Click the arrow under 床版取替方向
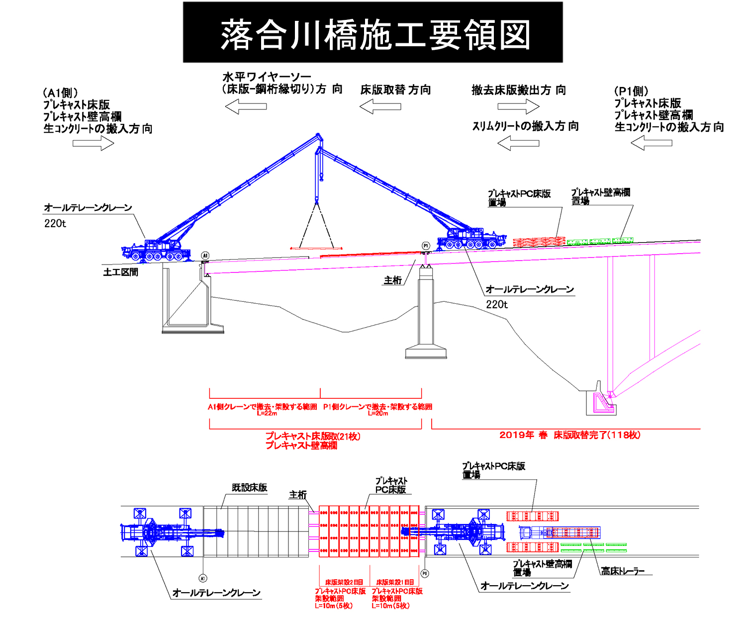pos(380,106)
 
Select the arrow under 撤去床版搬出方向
pos(518,106)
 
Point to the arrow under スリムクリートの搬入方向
pos(518,143)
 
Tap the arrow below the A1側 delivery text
pos(93,143)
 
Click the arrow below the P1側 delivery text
pos(652,143)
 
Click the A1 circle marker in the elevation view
pos(205,256)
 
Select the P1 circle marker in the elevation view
pos(426,246)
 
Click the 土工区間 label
pos(120,272)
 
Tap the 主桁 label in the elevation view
pos(392,280)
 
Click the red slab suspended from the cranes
pos(316,248)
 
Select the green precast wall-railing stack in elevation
pos(600,241)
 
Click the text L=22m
pos(267,413)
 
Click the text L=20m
pos(378,413)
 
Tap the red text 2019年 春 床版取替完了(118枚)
pos(570,435)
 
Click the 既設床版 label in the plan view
pos(250,487)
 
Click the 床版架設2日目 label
pos(344,582)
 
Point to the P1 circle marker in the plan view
pos(425,573)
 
